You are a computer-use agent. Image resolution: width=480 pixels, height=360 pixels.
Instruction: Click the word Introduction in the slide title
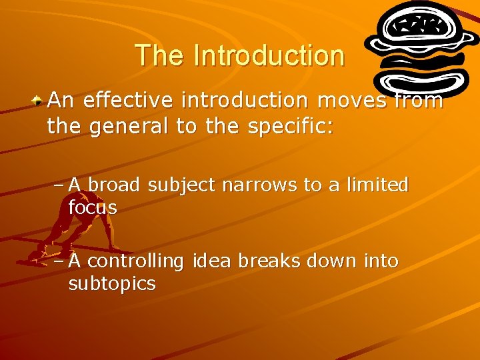point(269,55)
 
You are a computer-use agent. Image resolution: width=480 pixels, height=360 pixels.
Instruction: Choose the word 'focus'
point(93,207)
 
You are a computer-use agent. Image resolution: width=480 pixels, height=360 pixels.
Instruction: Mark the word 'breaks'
point(261,261)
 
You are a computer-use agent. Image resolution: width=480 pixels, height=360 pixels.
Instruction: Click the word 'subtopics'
point(112,284)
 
